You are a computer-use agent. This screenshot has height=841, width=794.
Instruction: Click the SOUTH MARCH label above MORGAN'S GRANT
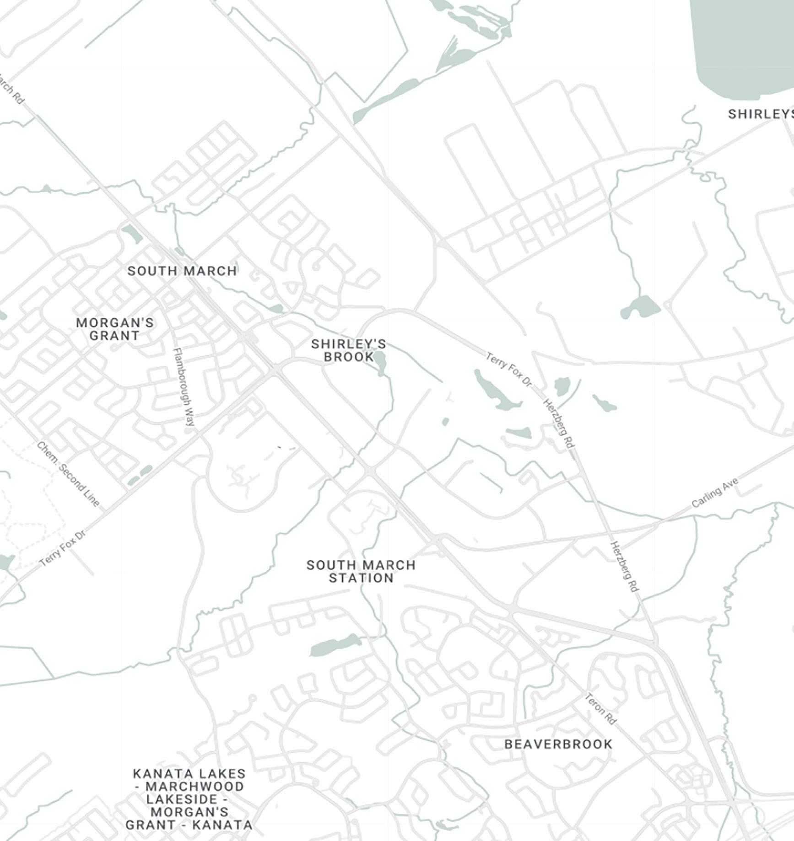(182, 271)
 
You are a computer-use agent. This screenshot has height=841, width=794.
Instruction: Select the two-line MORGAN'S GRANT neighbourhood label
(114, 329)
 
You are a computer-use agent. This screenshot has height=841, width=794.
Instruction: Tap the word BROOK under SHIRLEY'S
(349, 357)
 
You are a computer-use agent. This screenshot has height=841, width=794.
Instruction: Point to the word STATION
(361, 578)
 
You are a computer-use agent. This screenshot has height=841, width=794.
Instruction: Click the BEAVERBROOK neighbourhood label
(558, 744)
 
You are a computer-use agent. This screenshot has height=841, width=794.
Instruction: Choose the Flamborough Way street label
(184, 387)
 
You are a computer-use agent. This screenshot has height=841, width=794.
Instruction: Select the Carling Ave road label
(715, 493)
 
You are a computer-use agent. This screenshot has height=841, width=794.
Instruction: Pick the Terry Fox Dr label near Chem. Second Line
(63, 548)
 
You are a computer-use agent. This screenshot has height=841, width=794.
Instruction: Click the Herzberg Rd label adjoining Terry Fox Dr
(558, 423)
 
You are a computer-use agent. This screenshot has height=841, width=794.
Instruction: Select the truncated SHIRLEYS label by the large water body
(760, 114)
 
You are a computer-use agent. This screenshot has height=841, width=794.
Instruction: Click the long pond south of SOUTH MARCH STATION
(335, 645)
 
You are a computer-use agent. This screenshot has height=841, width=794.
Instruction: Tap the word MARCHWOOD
(194, 786)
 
